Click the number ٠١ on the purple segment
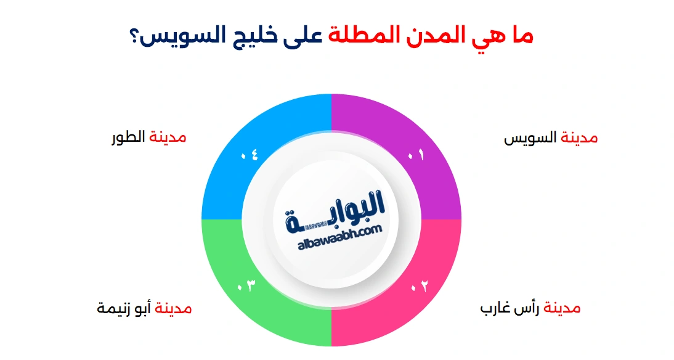tap(416, 156)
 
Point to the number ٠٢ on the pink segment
tap(419, 286)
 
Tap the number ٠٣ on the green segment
tap(246, 286)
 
